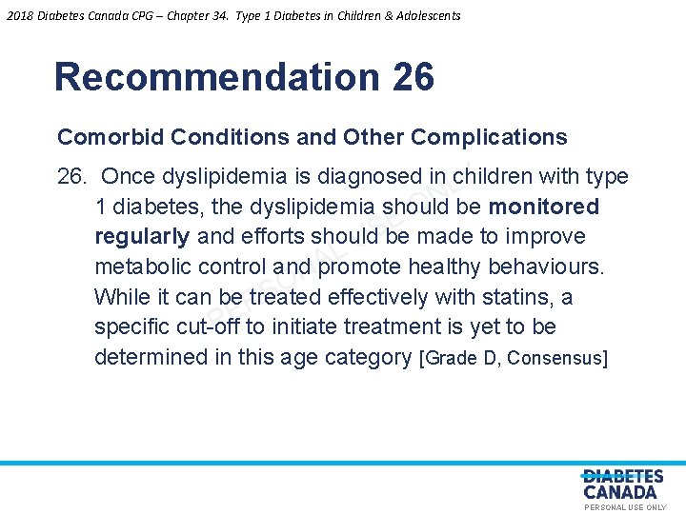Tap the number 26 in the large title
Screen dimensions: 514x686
pyautogui.click(x=413, y=77)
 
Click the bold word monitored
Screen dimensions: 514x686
pyautogui.click(x=543, y=207)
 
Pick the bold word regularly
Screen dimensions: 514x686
pyautogui.click(x=142, y=236)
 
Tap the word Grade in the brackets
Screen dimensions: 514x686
pyautogui.click(x=453, y=358)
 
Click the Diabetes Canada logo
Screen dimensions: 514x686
pyautogui.click(x=621, y=484)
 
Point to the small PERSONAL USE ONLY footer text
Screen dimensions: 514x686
pyautogui.click(x=625, y=508)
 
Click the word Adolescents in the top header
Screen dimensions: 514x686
pyautogui.click(x=423, y=15)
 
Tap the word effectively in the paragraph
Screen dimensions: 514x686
pyautogui.click(x=378, y=297)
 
